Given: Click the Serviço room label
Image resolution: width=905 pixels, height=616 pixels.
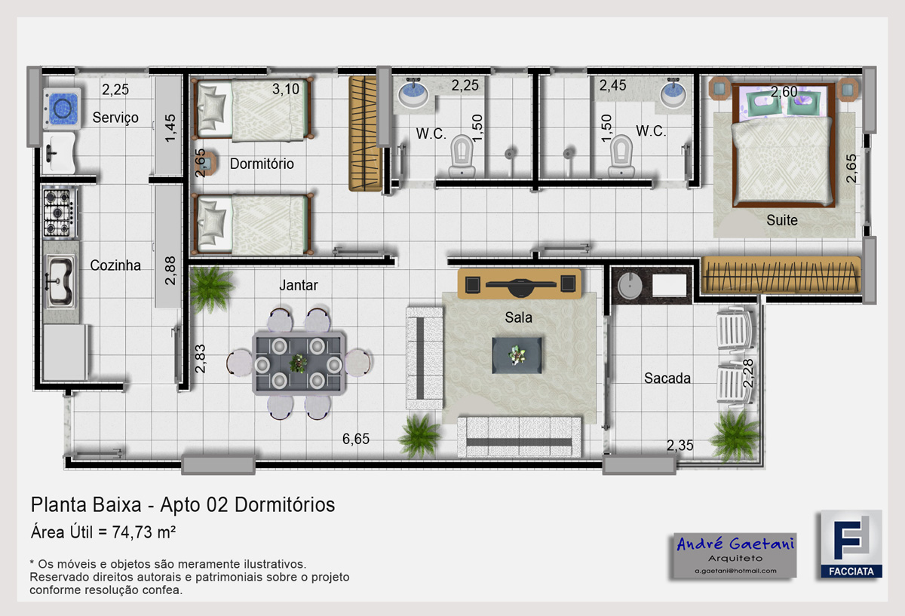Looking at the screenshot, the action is [x=115, y=118].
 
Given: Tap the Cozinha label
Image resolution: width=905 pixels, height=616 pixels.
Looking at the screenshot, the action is [x=115, y=265].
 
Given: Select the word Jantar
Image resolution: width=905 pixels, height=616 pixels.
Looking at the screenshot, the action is [x=299, y=285].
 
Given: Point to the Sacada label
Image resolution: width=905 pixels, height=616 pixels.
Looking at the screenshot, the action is [x=667, y=378].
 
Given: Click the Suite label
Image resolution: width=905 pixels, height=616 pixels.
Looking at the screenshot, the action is [x=782, y=220].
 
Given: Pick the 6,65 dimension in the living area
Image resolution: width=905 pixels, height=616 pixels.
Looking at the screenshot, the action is [x=355, y=439].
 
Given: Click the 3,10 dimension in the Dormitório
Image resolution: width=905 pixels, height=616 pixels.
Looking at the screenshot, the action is [x=286, y=89].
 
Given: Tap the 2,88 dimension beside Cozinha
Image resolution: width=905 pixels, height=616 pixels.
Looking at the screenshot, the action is [x=170, y=270].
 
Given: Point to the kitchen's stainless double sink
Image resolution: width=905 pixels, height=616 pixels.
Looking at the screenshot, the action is [x=60, y=280].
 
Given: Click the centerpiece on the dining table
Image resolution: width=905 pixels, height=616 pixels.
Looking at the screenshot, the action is [x=298, y=363].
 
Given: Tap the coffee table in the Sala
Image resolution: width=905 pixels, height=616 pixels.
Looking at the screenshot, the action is [x=517, y=355].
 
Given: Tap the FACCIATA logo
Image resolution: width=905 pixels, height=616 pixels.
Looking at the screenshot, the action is [x=851, y=544].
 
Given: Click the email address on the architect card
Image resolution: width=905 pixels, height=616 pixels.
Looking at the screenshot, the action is [x=735, y=571].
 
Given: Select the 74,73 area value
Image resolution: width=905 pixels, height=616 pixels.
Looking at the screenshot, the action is [x=132, y=532].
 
